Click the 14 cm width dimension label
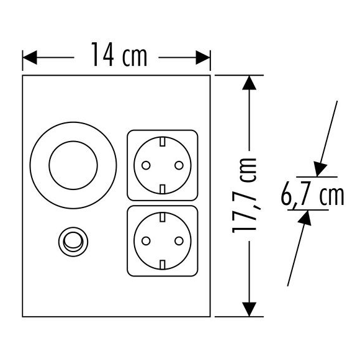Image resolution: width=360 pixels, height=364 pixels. tap(119, 55)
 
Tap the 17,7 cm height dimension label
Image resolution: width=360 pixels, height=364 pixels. tap(244, 196)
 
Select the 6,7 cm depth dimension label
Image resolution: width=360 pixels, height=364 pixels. tap(312, 195)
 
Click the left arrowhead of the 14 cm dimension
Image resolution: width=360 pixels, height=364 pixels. tap(30, 57)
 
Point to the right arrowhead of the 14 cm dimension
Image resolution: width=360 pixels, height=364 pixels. tap(203, 57)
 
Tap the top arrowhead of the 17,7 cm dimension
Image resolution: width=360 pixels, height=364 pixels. tap(249, 83)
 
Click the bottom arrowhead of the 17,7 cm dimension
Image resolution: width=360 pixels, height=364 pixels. tap(249, 309)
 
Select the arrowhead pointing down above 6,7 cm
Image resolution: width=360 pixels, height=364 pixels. tap(320, 169)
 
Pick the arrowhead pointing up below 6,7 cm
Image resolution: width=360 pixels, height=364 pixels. tap(305, 218)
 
